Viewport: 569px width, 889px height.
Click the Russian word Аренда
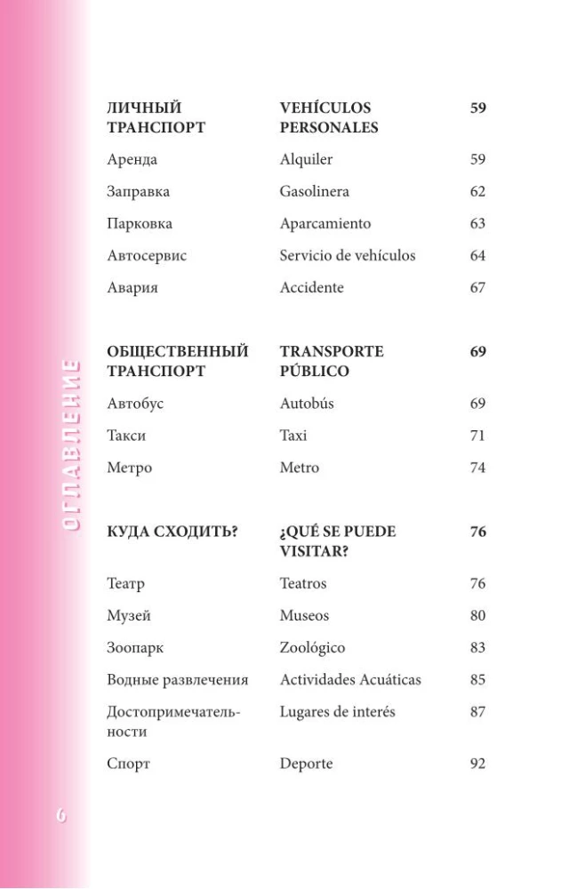tap(132, 160)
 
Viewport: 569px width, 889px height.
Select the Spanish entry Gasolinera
tap(314, 192)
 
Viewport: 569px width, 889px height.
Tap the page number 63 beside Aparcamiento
tap(478, 224)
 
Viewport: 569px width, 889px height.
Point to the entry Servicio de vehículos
tap(347, 256)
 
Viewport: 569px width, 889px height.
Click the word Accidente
tap(311, 288)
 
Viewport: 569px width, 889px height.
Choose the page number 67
tap(478, 288)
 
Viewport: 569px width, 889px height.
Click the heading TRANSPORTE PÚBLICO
tap(331, 362)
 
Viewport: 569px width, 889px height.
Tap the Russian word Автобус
tap(135, 404)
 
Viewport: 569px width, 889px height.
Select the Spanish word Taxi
tap(293, 436)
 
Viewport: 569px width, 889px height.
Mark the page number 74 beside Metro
tap(478, 468)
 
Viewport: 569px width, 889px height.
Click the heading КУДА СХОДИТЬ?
tap(171, 533)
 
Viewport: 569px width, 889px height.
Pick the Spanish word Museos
tap(304, 616)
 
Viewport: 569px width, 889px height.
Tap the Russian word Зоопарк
tap(135, 648)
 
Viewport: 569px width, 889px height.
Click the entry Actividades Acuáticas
tap(350, 680)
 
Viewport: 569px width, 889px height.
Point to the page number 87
tap(478, 712)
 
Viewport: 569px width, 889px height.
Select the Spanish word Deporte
tap(306, 764)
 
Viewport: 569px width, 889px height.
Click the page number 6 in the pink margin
tap(60, 815)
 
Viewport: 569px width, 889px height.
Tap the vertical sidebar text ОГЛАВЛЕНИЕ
tap(70, 444)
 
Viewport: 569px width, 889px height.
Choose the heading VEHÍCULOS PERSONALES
tap(328, 118)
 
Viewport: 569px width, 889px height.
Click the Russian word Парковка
tap(140, 224)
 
